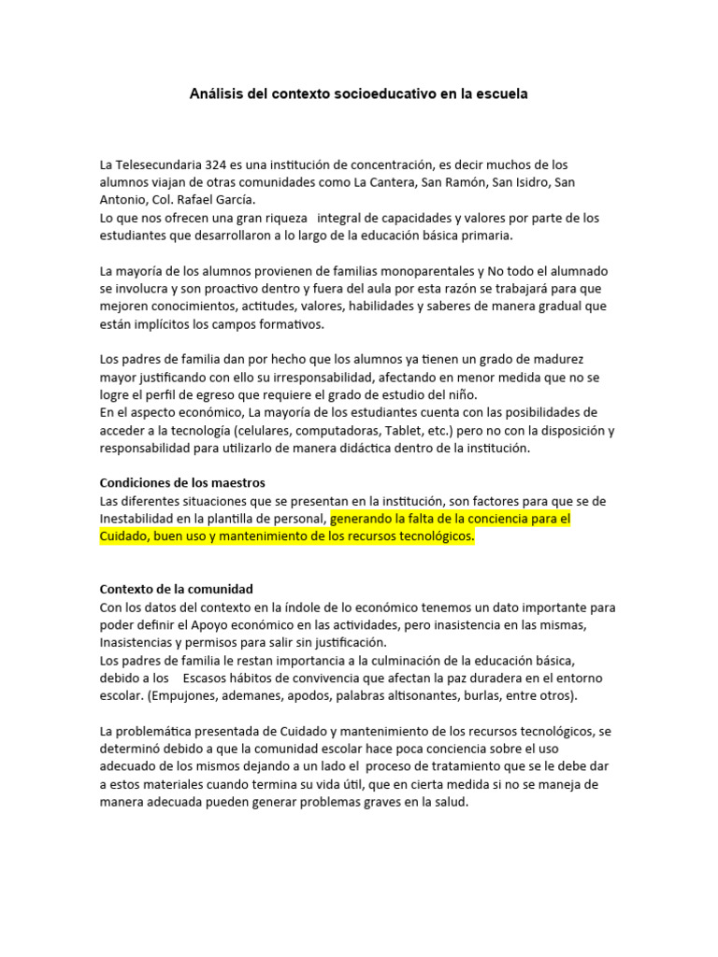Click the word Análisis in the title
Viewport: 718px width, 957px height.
pyautogui.click(x=217, y=94)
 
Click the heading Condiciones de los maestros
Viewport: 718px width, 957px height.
pyautogui.click(x=182, y=483)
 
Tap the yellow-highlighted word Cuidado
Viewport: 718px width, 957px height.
pyautogui.click(x=125, y=536)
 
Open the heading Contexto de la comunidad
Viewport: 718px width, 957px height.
pyautogui.click(x=177, y=589)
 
